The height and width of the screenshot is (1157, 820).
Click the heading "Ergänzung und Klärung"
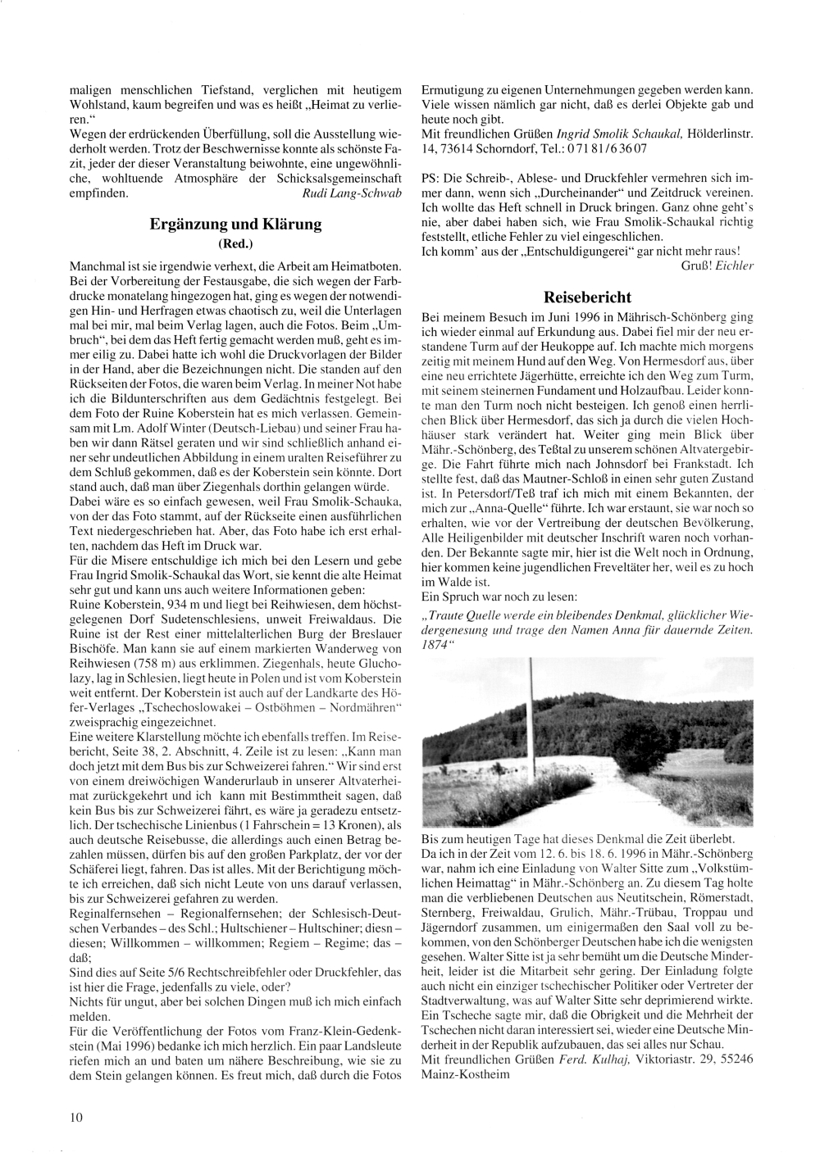point(235,224)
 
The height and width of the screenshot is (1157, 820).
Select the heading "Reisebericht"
point(588,297)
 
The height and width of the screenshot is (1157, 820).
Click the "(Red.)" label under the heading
point(235,243)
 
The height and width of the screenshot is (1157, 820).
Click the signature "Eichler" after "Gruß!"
point(736,265)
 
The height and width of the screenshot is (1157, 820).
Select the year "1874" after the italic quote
point(433,644)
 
